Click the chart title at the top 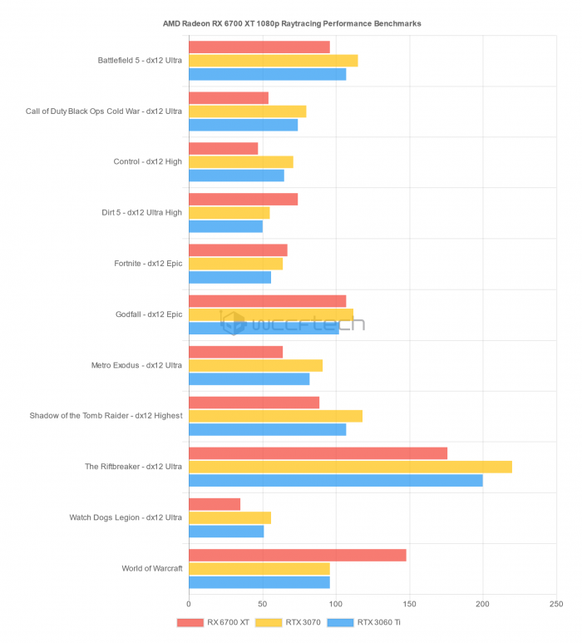click(292, 23)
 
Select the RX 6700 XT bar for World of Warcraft click(297, 555)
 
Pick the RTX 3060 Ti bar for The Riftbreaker click(335, 480)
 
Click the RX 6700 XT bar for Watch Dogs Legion click(215, 504)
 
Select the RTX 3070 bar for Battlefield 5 click(273, 61)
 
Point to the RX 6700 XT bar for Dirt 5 click(243, 199)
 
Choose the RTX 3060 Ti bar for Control click(236, 176)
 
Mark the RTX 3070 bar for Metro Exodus click(255, 365)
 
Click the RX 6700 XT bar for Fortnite click(238, 250)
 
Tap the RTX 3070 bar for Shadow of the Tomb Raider click(275, 416)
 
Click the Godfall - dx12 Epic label click(149, 314)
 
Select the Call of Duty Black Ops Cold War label click(104, 111)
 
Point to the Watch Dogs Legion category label click(126, 517)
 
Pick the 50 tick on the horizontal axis click(262, 605)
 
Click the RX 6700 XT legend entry click(213, 622)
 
